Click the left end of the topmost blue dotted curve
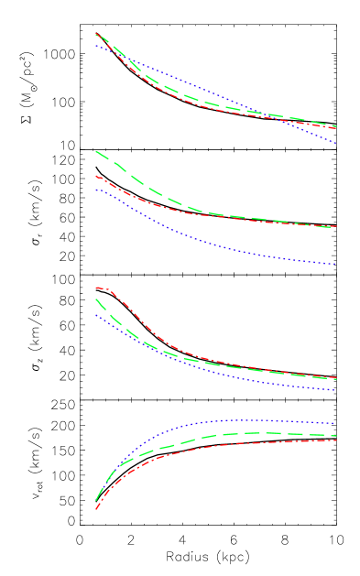[96, 45]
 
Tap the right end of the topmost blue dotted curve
[337, 144]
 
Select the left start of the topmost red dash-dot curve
[96, 34]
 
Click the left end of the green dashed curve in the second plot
[96, 151]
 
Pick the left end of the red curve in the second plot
[96, 176]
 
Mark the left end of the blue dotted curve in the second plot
[96, 190]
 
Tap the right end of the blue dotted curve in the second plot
[337, 265]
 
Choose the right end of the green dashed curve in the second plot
[337, 227]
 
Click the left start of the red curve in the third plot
[96, 288]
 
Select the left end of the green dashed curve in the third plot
[96, 299]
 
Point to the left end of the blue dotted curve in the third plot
[96, 315]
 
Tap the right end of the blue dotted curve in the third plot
[337, 391]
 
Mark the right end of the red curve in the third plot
[337, 378]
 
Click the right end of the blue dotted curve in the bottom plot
[337, 424]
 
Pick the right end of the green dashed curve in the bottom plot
[337, 436]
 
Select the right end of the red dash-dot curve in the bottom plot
[337, 440]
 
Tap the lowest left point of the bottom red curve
[96, 509]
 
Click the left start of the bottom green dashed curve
[96, 501]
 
